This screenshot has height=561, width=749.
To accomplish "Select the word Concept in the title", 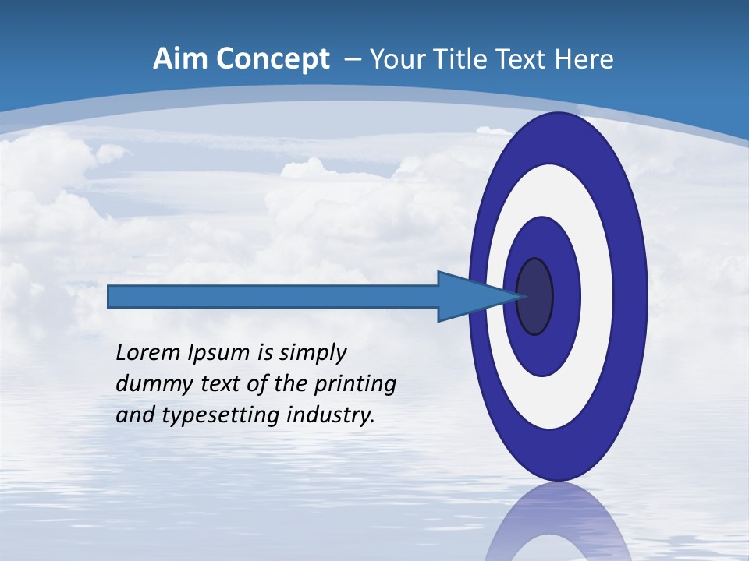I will pos(272,59).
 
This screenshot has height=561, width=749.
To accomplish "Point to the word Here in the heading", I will pos(585,59).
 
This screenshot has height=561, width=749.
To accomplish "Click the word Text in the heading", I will pos(524,59).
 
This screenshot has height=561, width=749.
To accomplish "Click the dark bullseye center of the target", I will pos(535,297).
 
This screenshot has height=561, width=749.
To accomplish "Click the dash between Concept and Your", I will pos(352,59).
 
